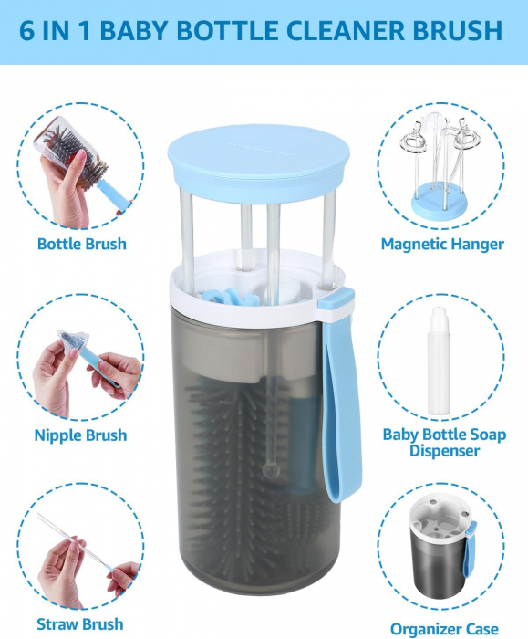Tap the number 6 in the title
pyautogui.click(x=26, y=30)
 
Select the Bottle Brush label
pyautogui.click(x=82, y=244)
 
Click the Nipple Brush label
pyautogui.click(x=80, y=435)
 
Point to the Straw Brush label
pyautogui.click(x=79, y=623)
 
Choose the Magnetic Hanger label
pyautogui.click(x=442, y=244)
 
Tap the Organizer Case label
pyautogui.click(x=444, y=629)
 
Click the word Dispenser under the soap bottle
pyautogui.click(x=444, y=451)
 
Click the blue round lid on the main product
pyautogui.click(x=258, y=158)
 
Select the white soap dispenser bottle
pyautogui.click(x=439, y=361)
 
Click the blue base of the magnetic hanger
pyautogui.click(x=439, y=201)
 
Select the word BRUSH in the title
pyautogui.click(x=458, y=30)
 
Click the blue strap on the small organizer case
pyautogui.click(x=471, y=548)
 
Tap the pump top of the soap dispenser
pyautogui.click(x=439, y=315)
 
